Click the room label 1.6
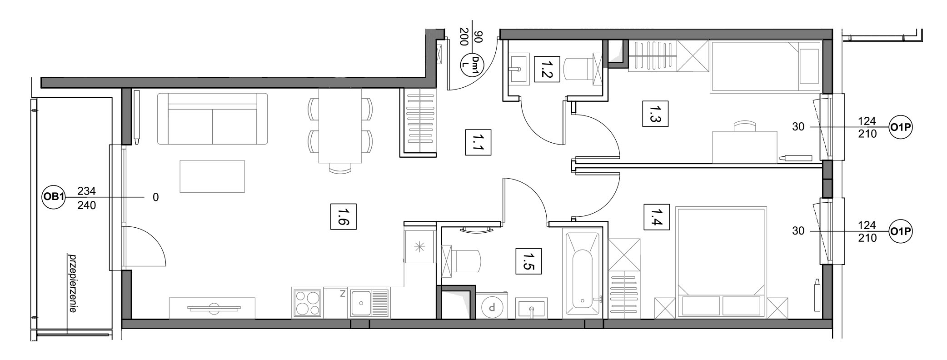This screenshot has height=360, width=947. pyautogui.click(x=343, y=216)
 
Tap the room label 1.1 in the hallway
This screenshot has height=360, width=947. pyautogui.click(x=478, y=142)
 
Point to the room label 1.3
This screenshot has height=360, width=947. pyautogui.click(x=655, y=114)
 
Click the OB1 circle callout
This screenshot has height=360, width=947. pyautogui.click(x=54, y=197)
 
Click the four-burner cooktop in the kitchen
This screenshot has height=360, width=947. pyautogui.click(x=307, y=303)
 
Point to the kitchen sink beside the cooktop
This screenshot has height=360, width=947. pyautogui.click(x=369, y=303)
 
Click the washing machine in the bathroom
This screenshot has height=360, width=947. pyautogui.click(x=491, y=305)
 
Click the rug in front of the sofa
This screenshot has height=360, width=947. pyautogui.click(x=212, y=176)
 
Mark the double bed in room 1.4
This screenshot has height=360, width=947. pyautogui.click(x=721, y=262)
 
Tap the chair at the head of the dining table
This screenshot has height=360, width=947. pyautogui.click(x=340, y=168)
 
